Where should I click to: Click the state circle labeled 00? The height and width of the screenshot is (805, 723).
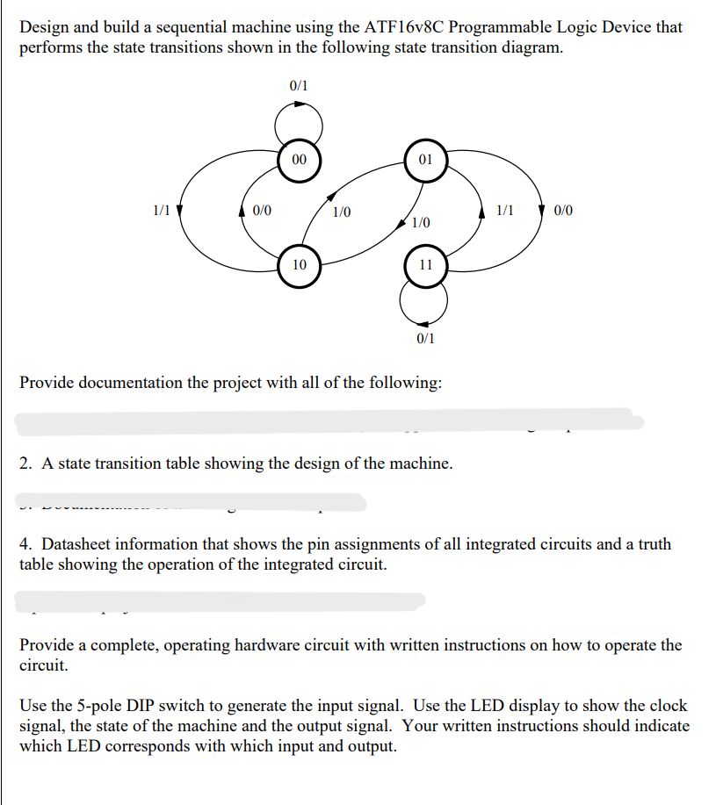[x=299, y=160]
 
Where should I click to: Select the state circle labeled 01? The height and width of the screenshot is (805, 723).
[x=425, y=160]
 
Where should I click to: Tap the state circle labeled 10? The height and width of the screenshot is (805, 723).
[x=299, y=264]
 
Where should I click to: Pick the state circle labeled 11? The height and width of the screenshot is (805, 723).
[x=425, y=264]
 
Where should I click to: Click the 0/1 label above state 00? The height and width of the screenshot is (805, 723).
[x=299, y=86]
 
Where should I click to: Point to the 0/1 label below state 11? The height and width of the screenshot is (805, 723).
[x=425, y=338]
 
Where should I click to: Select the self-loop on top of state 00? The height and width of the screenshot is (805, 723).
[x=299, y=119]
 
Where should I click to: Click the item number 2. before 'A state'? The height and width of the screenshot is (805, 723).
[x=25, y=463]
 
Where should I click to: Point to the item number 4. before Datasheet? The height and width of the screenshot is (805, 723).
[x=25, y=544]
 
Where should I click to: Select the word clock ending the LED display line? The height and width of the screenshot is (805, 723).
[x=669, y=706]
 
